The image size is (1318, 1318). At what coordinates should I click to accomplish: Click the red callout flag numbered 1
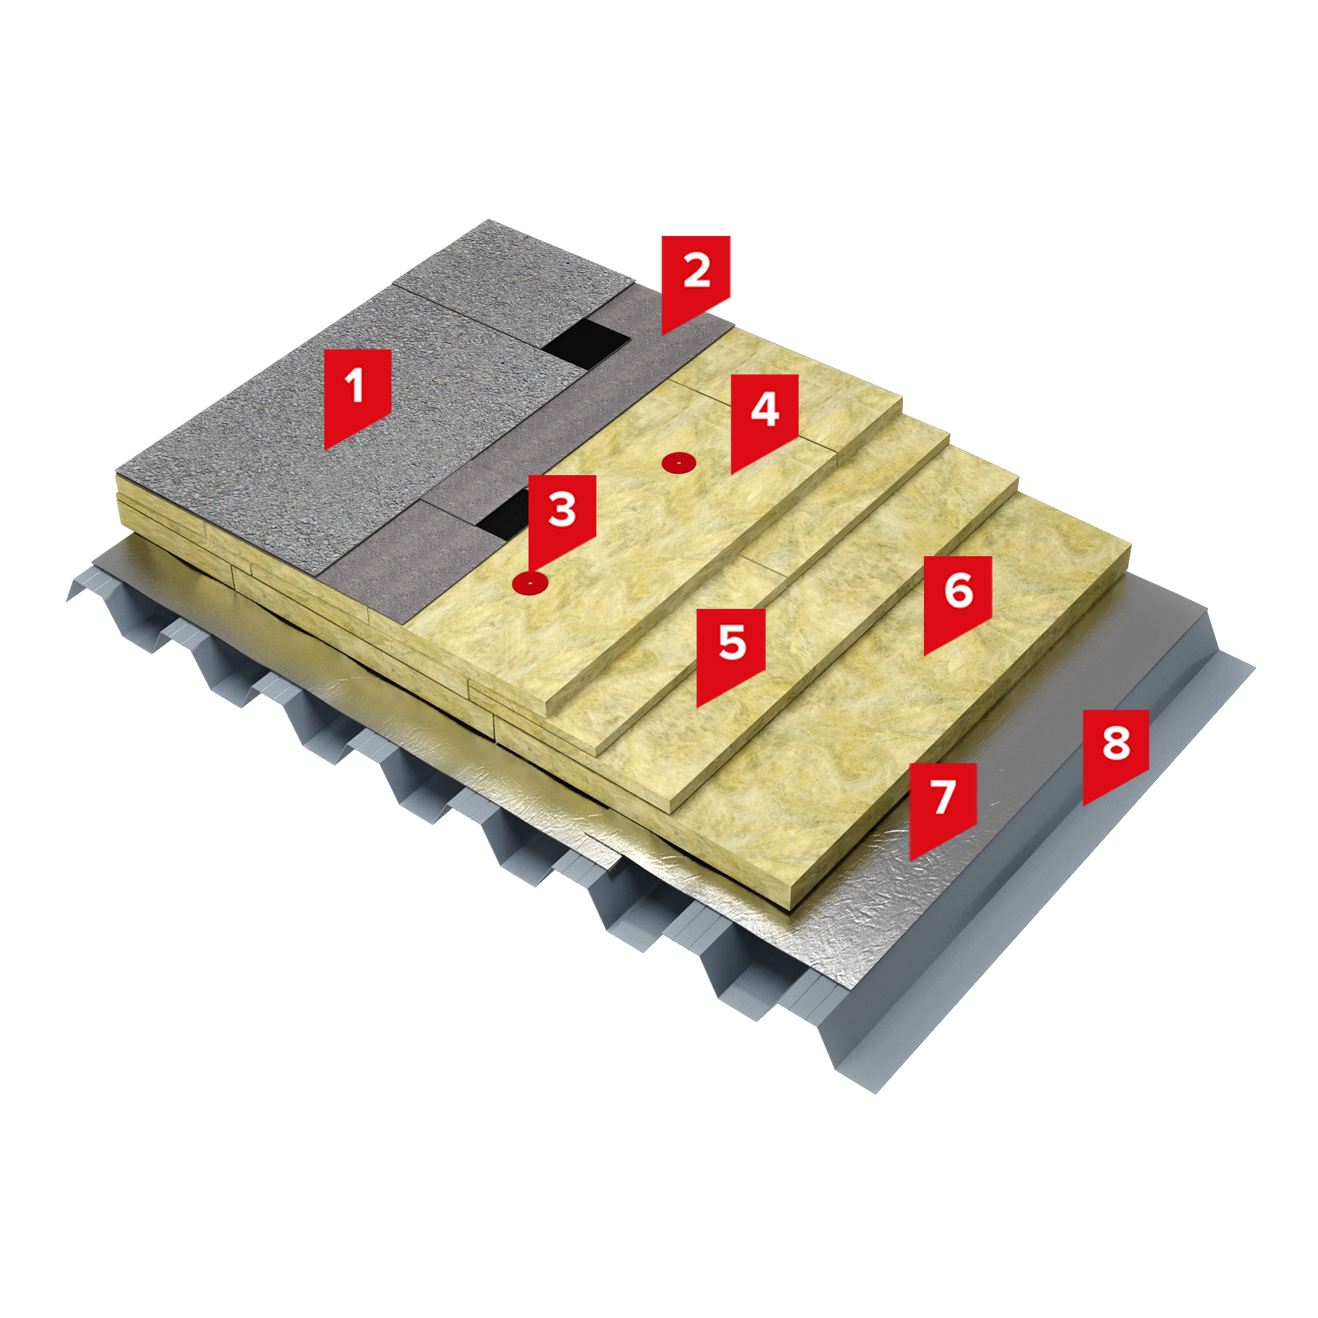[357, 392]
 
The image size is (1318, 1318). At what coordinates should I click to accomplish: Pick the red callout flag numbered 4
[764, 417]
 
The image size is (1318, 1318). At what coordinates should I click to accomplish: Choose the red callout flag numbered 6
[958, 598]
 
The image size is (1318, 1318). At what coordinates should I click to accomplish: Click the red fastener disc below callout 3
[530, 583]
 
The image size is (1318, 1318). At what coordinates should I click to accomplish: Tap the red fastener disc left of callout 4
[679, 463]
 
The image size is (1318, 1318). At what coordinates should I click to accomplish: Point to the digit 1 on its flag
[355, 386]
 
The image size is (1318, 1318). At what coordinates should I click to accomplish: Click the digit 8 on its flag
[1116, 743]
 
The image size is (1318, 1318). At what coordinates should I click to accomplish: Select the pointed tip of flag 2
[662, 335]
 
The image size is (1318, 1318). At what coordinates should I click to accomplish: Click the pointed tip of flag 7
[910, 861]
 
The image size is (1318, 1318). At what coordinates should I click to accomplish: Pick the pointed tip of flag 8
[1083, 806]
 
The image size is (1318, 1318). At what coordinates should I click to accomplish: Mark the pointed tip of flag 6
[925, 656]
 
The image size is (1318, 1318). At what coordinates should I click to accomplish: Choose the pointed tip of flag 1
[325, 449]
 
